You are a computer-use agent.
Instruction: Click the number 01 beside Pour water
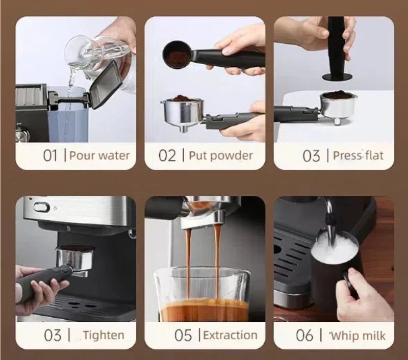(50, 156)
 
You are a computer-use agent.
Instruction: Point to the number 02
(167, 156)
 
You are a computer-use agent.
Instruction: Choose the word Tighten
(104, 336)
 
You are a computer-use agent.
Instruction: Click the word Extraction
(230, 336)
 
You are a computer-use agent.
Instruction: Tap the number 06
(304, 336)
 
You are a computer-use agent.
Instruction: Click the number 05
(183, 336)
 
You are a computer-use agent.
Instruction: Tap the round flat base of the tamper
(337, 77)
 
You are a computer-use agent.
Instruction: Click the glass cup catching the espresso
(202, 295)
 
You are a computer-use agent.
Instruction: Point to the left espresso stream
(188, 263)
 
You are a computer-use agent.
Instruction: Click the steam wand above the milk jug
(329, 221)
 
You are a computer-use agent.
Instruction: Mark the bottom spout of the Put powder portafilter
(184, 128)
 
